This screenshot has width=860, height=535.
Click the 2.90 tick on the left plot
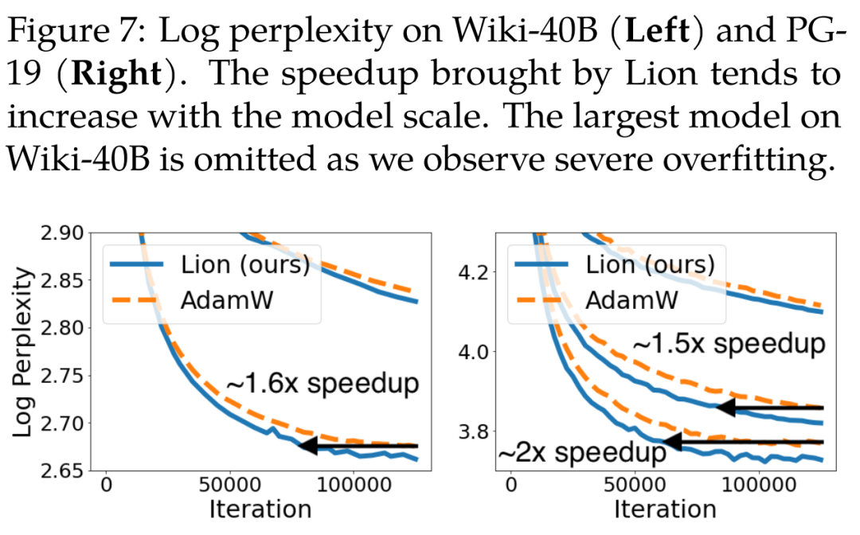pos(64,233)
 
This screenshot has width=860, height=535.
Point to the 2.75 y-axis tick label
pos(64,376)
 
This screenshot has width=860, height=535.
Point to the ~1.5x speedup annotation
pos(729,345)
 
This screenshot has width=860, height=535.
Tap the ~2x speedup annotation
pos(582,453)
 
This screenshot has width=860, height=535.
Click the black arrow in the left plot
pos(358,446)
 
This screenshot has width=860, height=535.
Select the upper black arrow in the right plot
pos(769,408)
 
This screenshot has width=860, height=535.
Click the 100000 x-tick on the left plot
pos(353,485)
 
